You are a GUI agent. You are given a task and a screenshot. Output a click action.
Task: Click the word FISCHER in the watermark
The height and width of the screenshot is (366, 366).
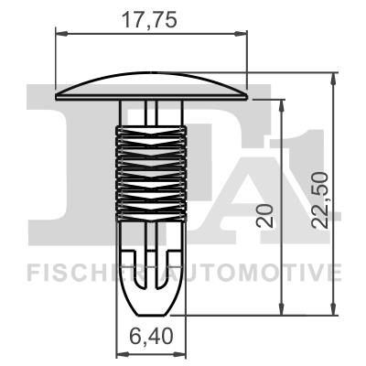click(70, 272)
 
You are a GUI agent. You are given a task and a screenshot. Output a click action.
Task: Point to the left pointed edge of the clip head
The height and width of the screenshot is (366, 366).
click(59, 93)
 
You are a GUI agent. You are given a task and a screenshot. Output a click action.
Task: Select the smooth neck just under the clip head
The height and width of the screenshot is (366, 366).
click(151, 112)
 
